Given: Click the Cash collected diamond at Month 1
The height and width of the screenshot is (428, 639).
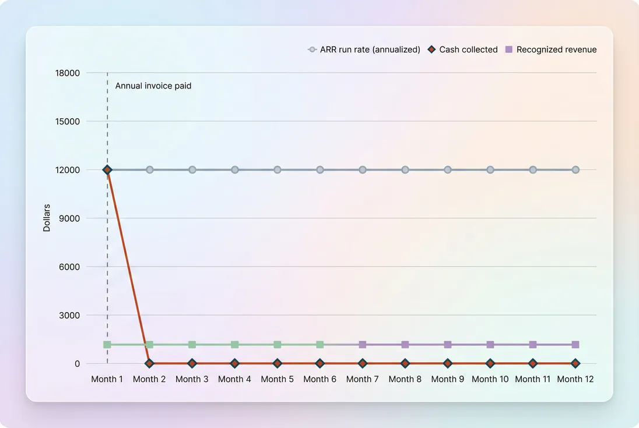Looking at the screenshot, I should pyautogui.click(x=107, y=170).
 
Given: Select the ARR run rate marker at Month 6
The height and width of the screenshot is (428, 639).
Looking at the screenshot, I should pyautogui.click(x=320, y=170).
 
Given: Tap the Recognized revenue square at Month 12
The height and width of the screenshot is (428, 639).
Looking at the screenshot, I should pyautogui.click(x=575, y=345).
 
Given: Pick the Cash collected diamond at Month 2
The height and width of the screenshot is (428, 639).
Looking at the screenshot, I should pyautogui.click(x=150, y=363).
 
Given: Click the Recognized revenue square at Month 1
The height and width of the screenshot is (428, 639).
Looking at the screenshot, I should pyautogui.click(x=107, y=345).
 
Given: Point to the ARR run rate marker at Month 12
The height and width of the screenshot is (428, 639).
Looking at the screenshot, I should pyautogui.click(x=575, y=170).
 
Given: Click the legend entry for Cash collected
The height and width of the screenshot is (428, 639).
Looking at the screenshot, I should pyautogui.click(x=463, y=49).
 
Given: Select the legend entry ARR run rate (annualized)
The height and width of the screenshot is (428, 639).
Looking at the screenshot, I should pyautogui.click(x=364, y=49).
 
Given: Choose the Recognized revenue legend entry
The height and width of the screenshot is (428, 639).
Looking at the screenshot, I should pyautogui.click(x=551, y=49).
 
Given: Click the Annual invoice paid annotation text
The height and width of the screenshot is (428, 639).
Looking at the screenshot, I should pyautogui.click(x=153, y=86).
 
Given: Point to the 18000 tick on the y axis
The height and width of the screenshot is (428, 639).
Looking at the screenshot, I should pyautogui.click(x=68, y=73).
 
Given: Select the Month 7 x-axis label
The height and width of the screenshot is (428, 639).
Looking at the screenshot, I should pyautogui.click(x=363, y=379).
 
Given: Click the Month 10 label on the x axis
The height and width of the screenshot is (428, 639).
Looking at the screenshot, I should pyautogui.click(x=490, y=379).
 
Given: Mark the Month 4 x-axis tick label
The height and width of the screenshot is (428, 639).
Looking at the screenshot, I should pyautogui.click(x=235, y=379).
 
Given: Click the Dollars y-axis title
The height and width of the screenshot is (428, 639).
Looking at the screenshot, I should pyautogui.click(x=47, y=218).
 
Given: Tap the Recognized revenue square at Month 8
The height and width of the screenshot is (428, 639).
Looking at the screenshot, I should pyautogui.click(x=405, y=345).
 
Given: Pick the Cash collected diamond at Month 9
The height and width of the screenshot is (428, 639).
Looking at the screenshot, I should pyautogui.click(x=448, y=363).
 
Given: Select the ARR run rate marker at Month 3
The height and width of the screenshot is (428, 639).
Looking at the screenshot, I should pyautogui.click(x=192, y=170).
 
